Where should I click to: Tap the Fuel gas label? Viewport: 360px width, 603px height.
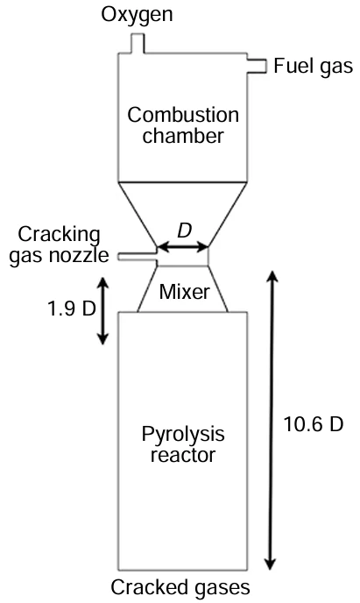[313, 66]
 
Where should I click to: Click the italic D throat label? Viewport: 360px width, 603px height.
[183, 231]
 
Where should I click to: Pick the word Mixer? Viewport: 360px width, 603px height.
[183, 292]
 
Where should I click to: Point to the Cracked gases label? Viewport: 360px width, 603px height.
[181, 587]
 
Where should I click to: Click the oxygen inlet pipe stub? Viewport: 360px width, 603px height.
[138, 41]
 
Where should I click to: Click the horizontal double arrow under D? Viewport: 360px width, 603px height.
[183, 250]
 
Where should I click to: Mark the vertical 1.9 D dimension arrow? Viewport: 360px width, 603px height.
[102, 310]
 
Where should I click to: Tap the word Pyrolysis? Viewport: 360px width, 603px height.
[183, 434]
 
